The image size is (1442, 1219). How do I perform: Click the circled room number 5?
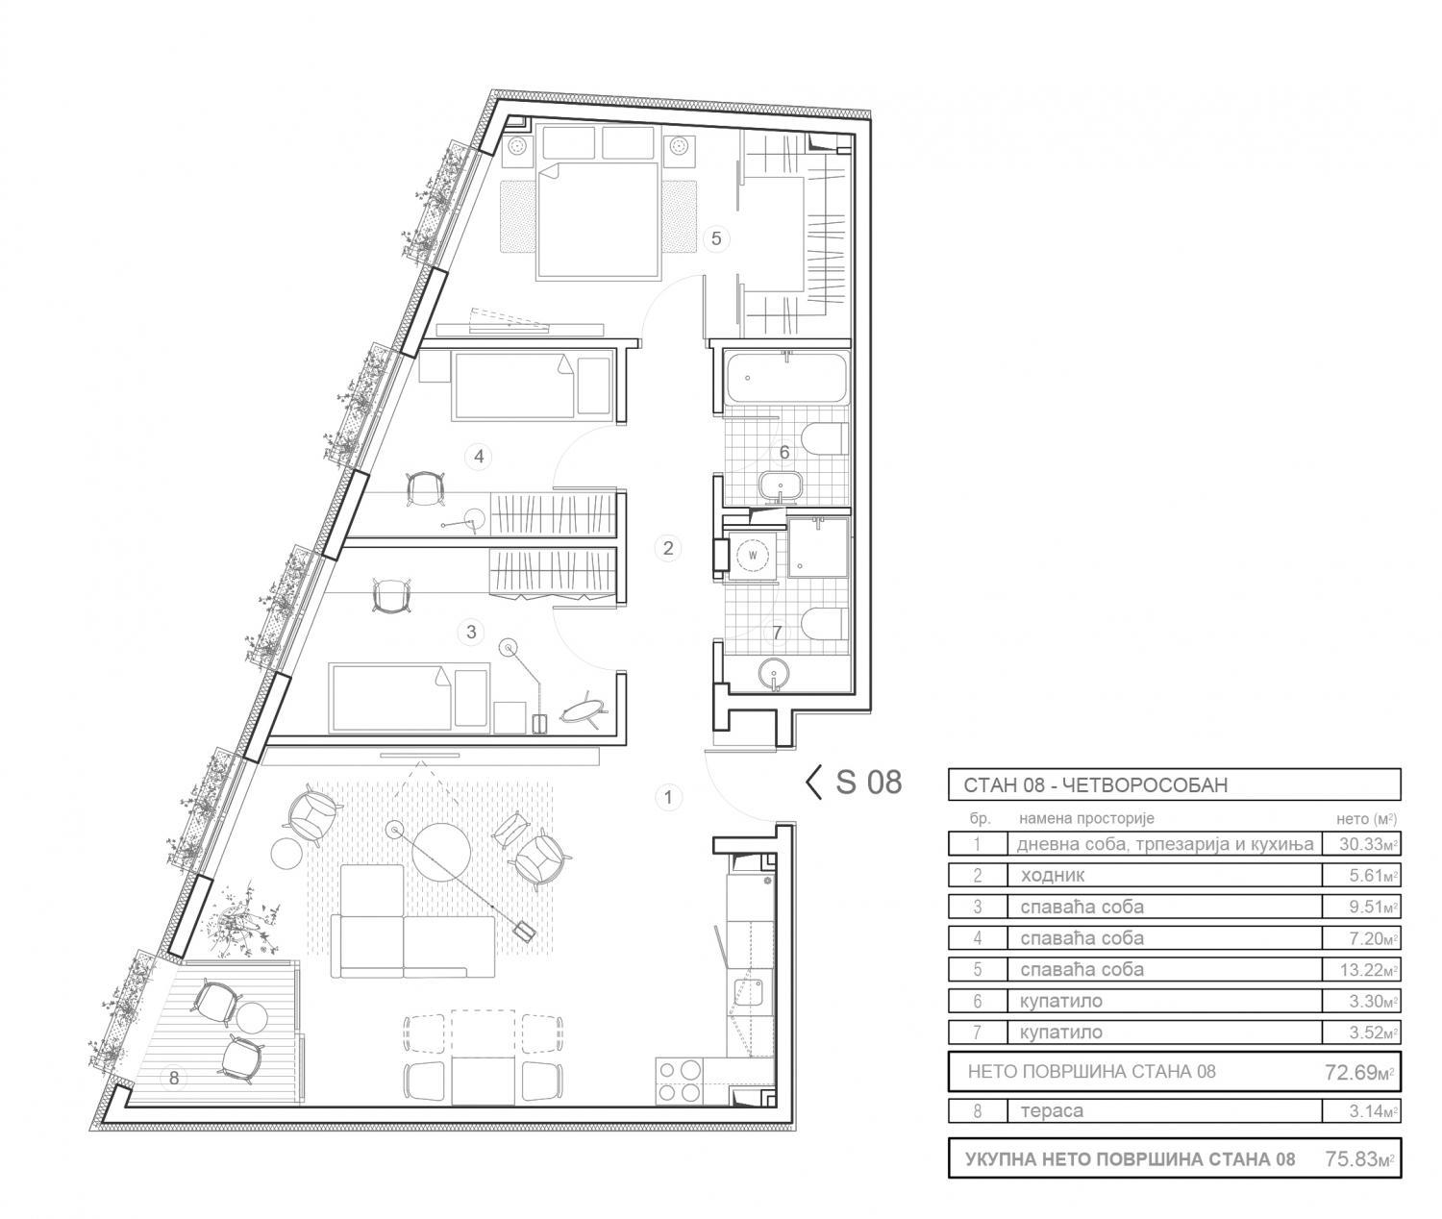[x=716, y=238]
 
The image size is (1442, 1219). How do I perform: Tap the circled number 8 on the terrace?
[x=174, y=1078]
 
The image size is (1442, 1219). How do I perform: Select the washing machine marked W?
[x=752, y=556]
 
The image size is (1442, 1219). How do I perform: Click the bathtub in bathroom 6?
[x=786, y=378]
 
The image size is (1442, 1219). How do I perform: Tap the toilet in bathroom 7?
[x=824, y=623]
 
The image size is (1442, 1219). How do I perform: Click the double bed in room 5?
[x=598, y=220]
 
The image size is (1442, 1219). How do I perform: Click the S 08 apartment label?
[x=855, y=783]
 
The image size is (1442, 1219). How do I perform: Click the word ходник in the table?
[x=1053, y=875]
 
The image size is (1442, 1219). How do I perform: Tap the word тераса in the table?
[x=1052, y=1110]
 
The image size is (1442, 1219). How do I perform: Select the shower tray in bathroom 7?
[x=819, y=547]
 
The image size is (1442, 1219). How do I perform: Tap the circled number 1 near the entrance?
[x=668, y=797]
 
